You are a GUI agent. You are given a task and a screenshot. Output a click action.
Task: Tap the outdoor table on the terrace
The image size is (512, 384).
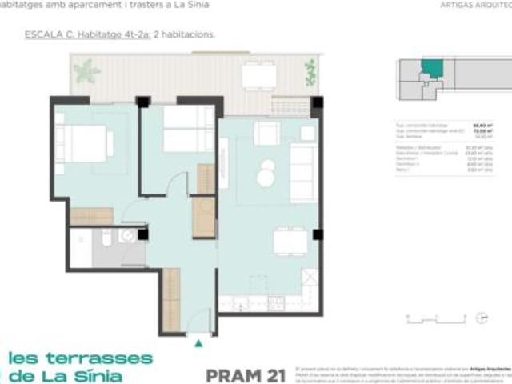coord(259,75)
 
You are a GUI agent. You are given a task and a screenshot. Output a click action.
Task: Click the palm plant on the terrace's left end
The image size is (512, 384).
coord(86,72)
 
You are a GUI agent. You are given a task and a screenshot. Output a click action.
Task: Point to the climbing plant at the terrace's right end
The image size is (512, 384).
coord(310,73)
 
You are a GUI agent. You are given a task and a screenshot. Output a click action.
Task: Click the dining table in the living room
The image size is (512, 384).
coord(288,240)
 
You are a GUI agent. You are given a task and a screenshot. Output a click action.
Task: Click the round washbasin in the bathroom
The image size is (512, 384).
coord(125,235)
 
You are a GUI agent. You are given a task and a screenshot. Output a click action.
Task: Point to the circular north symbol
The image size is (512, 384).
coord(480,318)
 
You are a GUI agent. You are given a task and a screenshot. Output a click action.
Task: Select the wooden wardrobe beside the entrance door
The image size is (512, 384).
coord(170,299)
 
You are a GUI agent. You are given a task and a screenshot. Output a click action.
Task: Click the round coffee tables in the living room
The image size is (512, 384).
coord(266,173)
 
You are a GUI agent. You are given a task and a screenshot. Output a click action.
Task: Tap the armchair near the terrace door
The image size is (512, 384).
coord(266,134)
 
